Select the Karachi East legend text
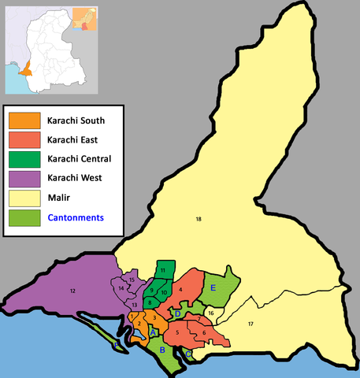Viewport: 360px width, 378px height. (75, 139)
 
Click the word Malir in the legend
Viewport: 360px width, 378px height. (61, 197)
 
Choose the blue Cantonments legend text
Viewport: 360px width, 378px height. (76, 217)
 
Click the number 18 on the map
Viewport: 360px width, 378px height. (199, 218)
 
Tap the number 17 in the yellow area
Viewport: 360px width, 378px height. (251, 324)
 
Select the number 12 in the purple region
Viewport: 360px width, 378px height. (72, 291)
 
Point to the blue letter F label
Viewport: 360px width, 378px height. (116, 345)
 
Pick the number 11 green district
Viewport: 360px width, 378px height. (163, 270)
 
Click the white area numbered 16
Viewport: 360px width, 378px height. (210, 313)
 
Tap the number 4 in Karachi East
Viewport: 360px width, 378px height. (181, 290)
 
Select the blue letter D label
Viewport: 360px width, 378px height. (178, 314)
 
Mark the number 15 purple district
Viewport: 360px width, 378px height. (131, 280)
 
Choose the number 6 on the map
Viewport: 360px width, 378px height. (204, 332)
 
